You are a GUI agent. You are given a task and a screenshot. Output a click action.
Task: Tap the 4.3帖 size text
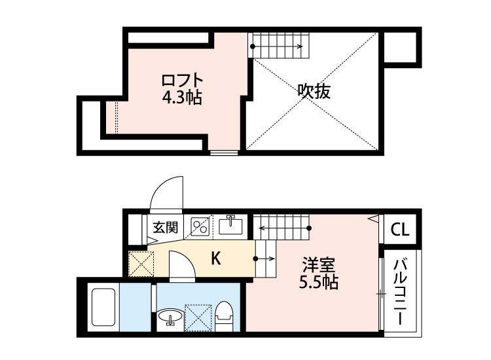[x=183, y=98]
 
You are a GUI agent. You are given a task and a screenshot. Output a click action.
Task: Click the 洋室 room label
[x=319, y=266]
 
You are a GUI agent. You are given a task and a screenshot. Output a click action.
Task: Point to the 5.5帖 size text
[x=319, y=283]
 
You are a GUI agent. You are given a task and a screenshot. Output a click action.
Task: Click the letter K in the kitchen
[x=215, y=259]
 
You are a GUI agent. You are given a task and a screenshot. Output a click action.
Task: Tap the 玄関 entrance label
[x=166, y=228]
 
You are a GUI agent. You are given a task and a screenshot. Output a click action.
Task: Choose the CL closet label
[x=400, y=230]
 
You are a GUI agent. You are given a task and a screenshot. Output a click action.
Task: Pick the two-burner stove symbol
[x=200, y=226]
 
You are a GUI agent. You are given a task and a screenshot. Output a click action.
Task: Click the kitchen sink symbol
[x=231, y=226]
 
